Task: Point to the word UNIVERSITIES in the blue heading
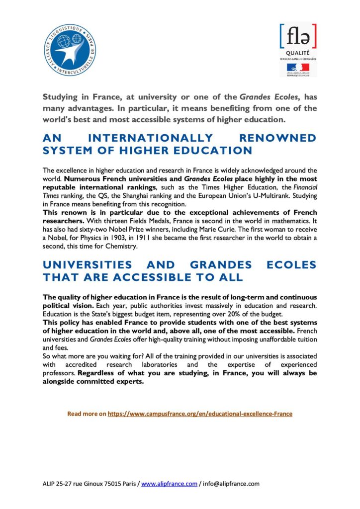click(x=87, y=265)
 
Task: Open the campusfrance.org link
click(x=200, y=414)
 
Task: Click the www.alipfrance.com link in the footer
click(x=169, y=484)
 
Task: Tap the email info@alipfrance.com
click(x=231, y=484)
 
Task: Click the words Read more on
click(x=87, y=414)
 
